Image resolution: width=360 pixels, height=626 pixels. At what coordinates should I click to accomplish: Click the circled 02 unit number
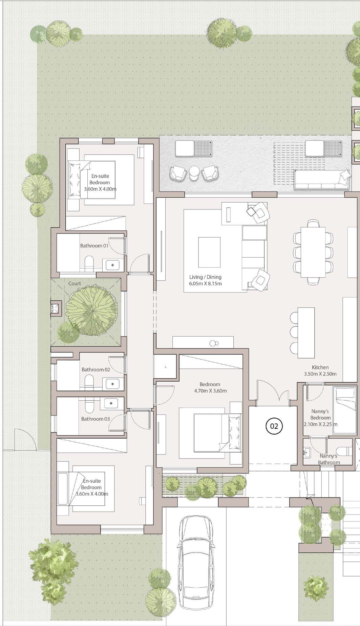point(274,426)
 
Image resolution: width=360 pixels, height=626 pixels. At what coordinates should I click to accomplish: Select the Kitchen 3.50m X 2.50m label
point(320,370)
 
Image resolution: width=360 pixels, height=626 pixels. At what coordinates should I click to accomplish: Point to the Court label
point(75,283)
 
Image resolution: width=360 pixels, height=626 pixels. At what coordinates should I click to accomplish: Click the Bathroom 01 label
point(94,245)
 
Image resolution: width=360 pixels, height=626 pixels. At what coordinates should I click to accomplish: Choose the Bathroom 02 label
point(96,369)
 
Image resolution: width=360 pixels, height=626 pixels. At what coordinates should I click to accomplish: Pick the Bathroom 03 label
point(96,419)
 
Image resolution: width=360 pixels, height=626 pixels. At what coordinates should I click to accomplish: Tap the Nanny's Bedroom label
point(320,415)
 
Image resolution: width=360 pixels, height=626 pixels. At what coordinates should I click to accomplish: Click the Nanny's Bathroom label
point(329,459)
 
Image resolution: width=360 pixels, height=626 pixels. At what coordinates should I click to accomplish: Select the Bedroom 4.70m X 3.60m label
point(210,387)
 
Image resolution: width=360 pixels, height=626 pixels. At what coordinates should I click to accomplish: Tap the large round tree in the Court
point(92,311)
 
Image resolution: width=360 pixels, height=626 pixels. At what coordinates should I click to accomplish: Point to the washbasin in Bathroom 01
point(112,265)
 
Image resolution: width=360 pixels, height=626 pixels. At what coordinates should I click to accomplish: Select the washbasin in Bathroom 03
point(111,404)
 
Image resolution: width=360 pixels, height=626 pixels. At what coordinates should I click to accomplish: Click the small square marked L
point(165,366)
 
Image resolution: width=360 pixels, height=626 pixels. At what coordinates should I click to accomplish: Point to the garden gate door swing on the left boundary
point(25,440)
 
